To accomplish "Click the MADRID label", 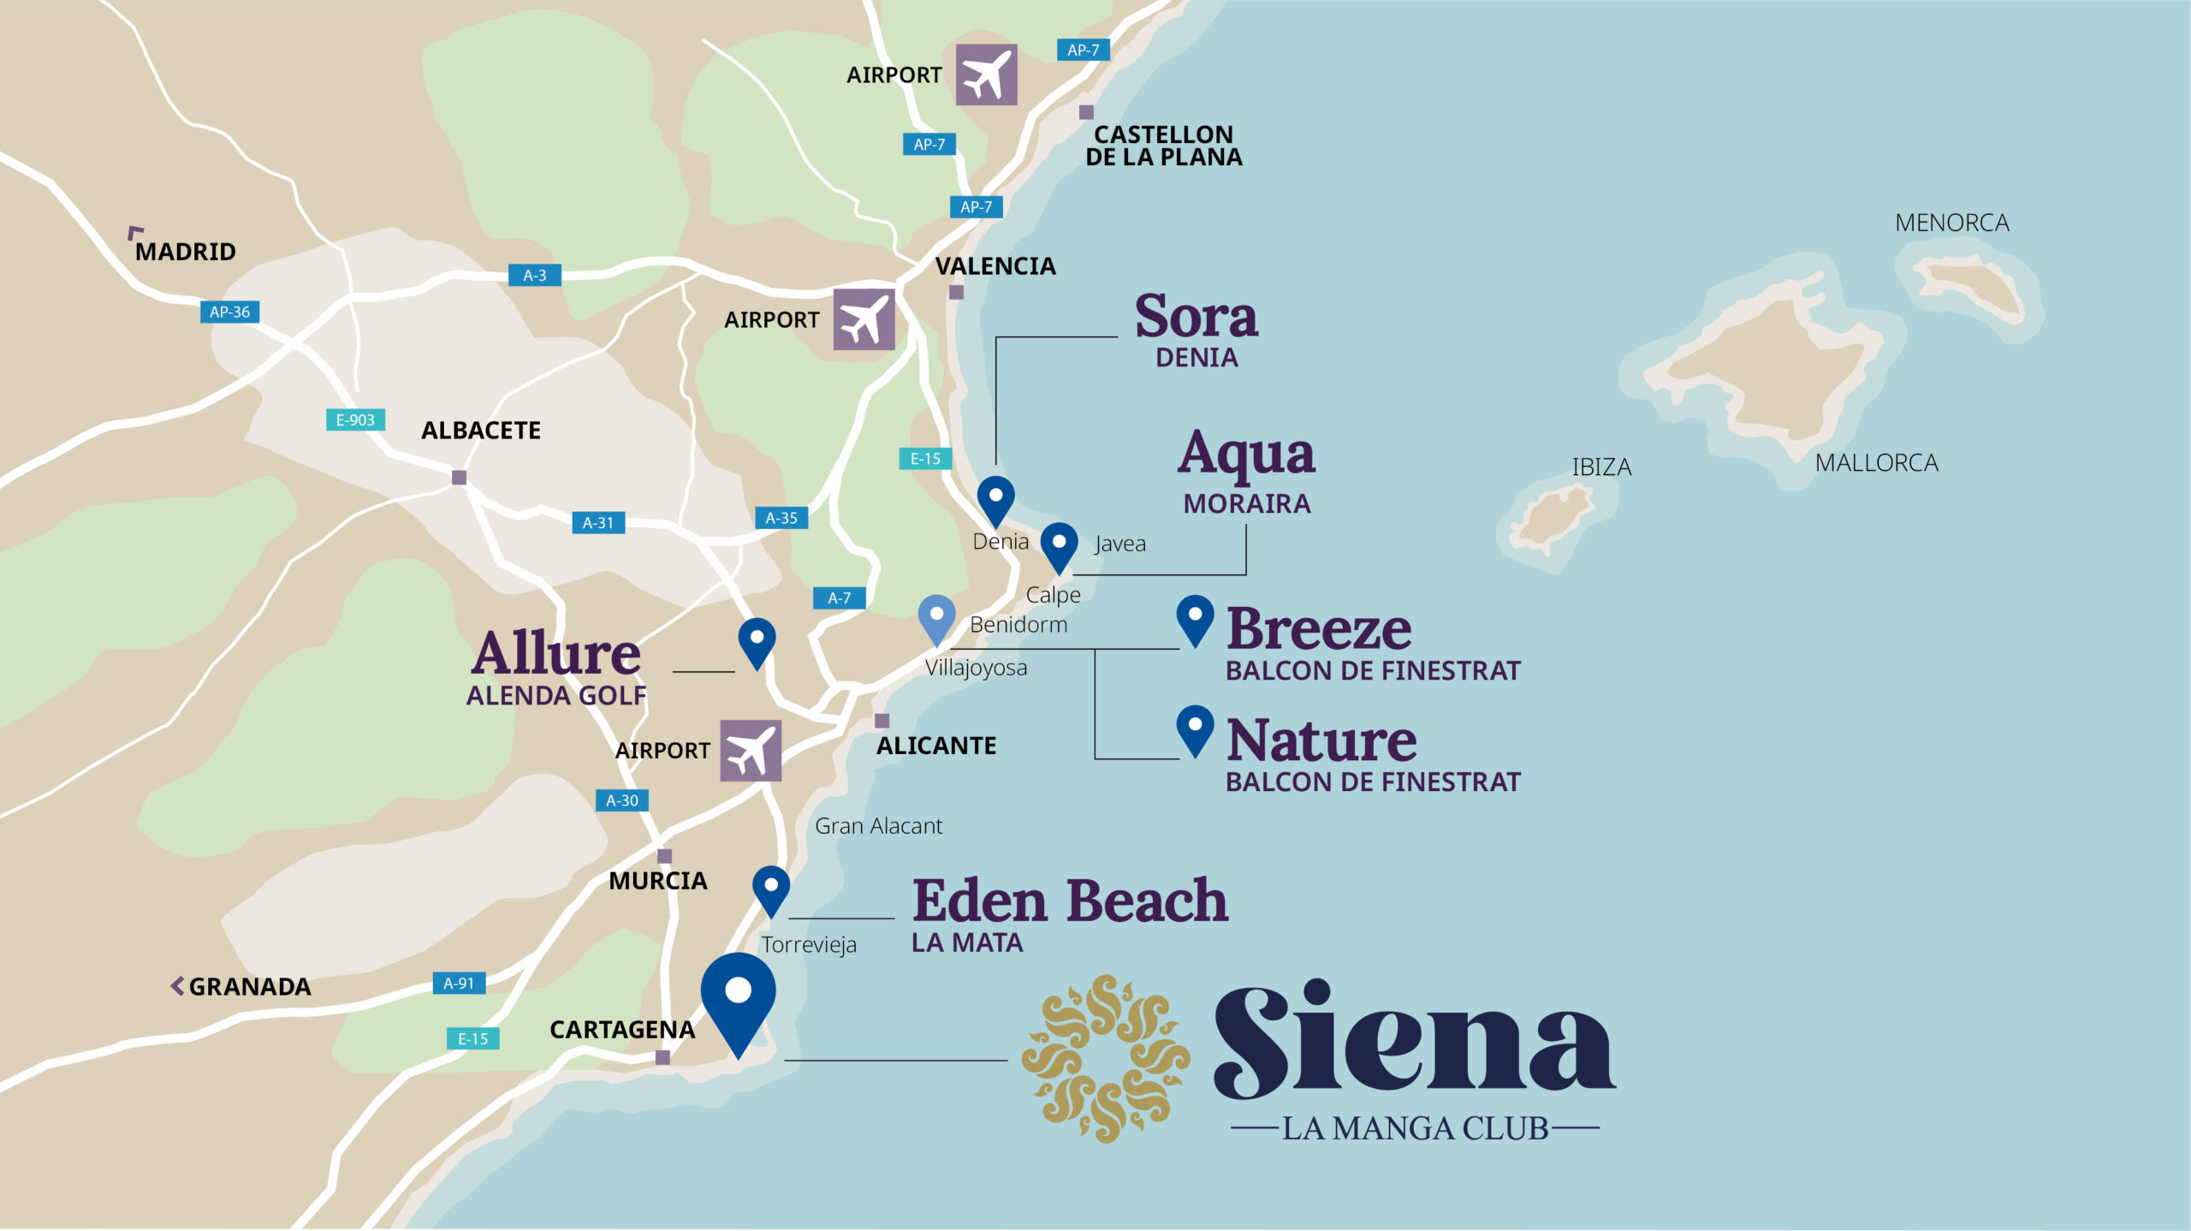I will click(185, 252).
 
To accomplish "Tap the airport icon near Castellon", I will click(986, 74).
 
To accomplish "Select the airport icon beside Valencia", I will click(864, 319).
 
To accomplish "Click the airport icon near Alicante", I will click(750, 750).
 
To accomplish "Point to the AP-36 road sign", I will click(229, 312).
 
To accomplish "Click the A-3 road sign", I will click(534, 275).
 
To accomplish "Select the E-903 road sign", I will click(355, 419).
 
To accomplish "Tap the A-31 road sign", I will click(597, 522).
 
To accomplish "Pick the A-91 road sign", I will click(459, 983).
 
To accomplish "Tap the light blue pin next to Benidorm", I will click(936, 619).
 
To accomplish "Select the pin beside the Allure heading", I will click(757, 642).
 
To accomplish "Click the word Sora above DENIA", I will click(1196, 317).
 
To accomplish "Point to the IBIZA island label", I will click(1601, 467).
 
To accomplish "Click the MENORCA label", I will click(1951, 223).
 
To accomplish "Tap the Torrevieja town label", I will click(809, 944).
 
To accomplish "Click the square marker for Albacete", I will click(459, 477).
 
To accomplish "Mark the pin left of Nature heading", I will click(1195, 729).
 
